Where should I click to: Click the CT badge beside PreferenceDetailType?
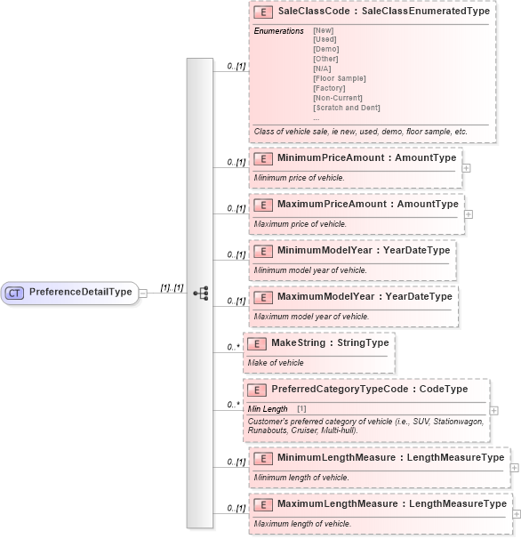(x=15, y=292)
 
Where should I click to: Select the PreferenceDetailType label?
(x=80, y=292)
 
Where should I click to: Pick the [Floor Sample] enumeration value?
(x=339, y=78)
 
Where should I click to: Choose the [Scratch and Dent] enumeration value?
(x=346, y=108)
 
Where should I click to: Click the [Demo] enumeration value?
(x=326, y=50)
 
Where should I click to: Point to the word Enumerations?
(x=278, y=31)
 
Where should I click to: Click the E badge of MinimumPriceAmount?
(x=262, y=158)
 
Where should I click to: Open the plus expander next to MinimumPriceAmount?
(x=467, y=167)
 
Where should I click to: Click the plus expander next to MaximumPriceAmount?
(x=469, y=213)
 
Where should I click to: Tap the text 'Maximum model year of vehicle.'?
(x=311, y=317)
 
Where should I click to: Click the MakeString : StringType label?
(x=318, y=343)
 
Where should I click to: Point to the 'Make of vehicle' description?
(x=276, y=363)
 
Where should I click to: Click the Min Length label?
(x=268, y=408)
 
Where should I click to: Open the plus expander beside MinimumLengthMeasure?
(x=515, y=467)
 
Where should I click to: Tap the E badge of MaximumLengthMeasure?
(x=262, y=504)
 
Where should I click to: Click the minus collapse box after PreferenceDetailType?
(x=143, y=293)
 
